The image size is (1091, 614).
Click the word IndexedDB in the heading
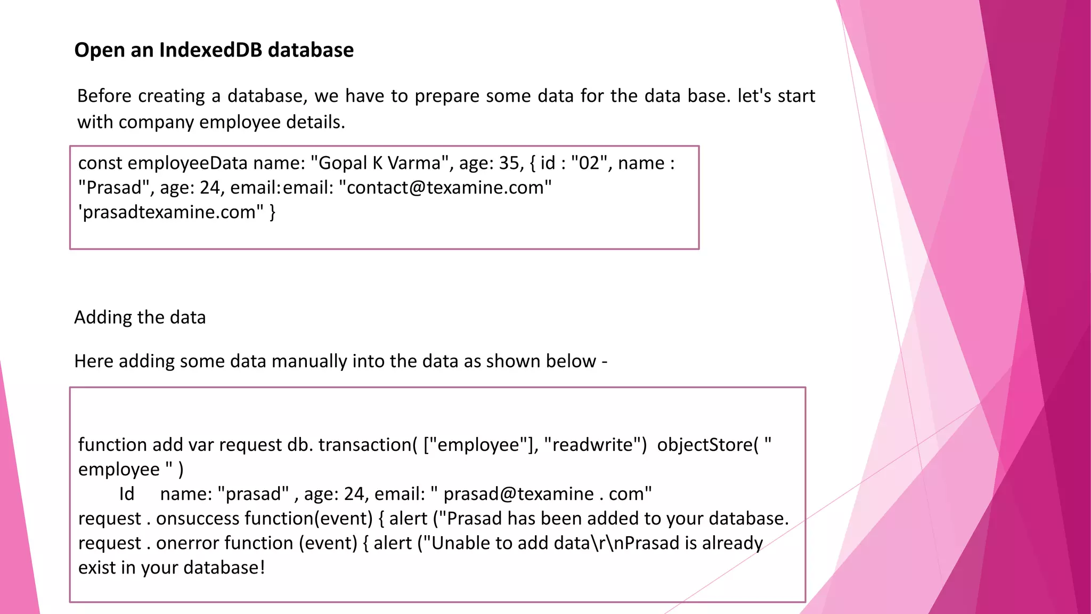[x=210, y=50]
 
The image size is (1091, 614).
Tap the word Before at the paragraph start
[x=104, y=96]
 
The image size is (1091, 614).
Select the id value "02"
[x=590, y=163]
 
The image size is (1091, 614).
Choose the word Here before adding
[x=94, y=361]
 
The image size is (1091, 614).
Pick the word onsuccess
[x=198, y=519]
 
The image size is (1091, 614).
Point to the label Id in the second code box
[x=126, y=494]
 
